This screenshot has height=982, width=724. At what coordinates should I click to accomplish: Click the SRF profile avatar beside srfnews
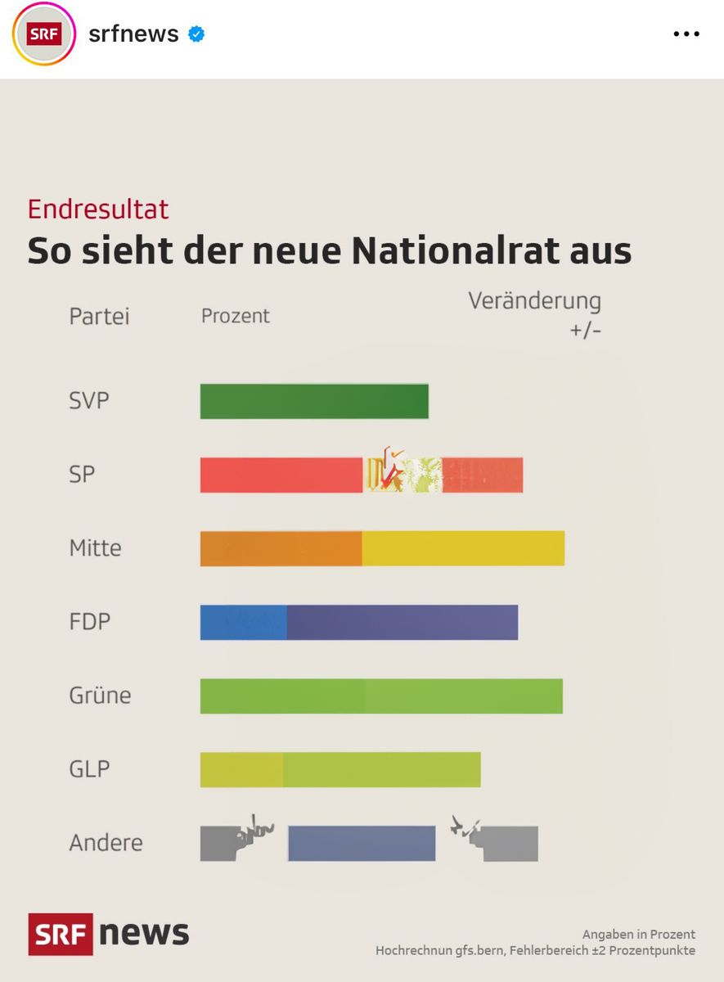tap(43, 34)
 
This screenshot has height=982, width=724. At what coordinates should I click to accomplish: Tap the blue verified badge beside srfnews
tap(196, 34)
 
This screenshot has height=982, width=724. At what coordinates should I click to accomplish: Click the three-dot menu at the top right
tap(686, 34)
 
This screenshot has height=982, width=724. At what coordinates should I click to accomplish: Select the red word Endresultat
tap(98, 209)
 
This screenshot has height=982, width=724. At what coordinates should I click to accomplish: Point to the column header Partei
tap(99, 317)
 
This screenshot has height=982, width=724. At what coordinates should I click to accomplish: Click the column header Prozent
tap(236, 316)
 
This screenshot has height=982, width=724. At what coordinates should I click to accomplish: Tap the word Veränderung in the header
tap(534, 301)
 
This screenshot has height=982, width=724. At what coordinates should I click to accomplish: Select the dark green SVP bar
tap(314, 401)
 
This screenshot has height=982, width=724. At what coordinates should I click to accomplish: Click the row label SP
tap(82, 475)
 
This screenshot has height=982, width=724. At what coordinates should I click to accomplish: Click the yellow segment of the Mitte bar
tap(463, 548)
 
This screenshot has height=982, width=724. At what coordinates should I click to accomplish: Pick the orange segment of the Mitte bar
tap(281, 548)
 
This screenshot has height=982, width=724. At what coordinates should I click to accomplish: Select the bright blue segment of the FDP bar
tap(243, 622)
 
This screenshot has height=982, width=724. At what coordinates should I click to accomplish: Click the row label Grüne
tap(100, 696)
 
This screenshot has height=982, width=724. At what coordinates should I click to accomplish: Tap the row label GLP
tap(89, 769)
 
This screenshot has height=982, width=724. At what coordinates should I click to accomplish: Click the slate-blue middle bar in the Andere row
tap(362, 844)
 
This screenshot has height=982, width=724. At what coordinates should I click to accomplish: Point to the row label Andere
tap(106, 843)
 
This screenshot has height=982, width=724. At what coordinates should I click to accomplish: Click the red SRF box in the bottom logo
tap(61, 934)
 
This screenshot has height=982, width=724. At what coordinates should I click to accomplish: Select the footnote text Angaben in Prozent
tap(638, 935)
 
